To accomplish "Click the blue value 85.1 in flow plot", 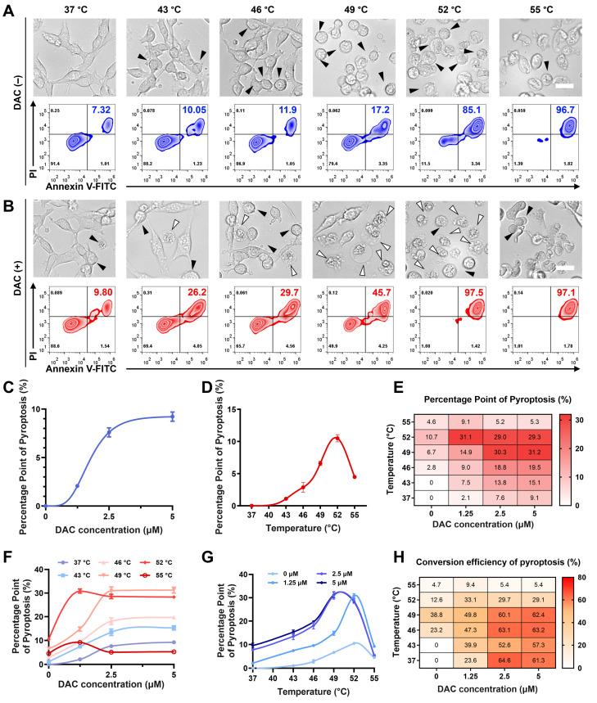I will coord(466,110).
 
